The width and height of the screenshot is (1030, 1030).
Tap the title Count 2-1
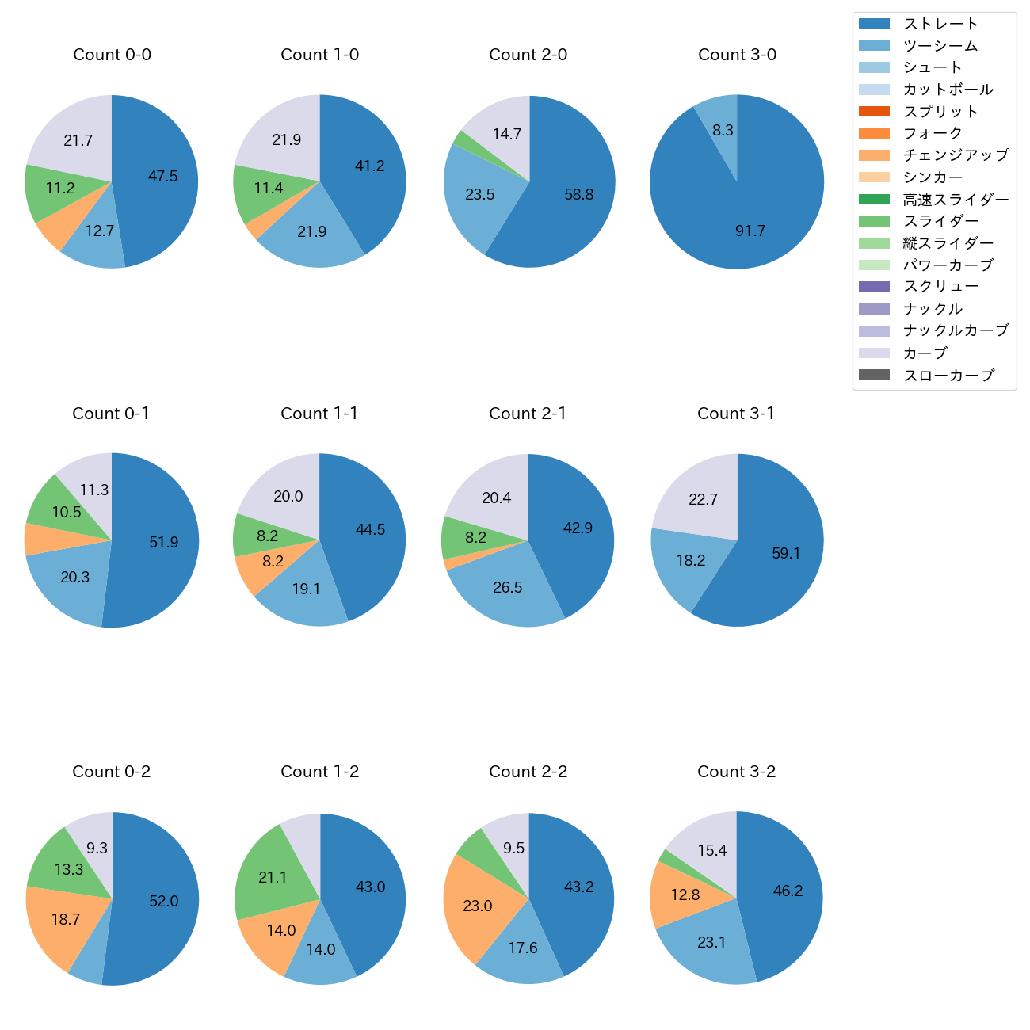tap(528, 414)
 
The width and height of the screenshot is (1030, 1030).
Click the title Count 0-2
tap(112, 772)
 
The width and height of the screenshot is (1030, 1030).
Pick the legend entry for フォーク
tap(933, 133)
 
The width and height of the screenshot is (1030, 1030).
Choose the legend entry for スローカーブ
tap(948, 376)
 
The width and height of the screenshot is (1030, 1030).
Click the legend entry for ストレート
tap(940, 24)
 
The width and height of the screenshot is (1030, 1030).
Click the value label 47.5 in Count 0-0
tap(162, 176)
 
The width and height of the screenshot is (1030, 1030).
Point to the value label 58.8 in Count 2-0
tap(578, 194)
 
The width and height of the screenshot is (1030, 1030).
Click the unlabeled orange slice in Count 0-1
tap(37, 540)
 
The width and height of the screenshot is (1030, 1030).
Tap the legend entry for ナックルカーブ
tap(956, 331)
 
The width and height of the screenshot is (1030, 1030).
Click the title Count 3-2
tap(736, 772)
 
